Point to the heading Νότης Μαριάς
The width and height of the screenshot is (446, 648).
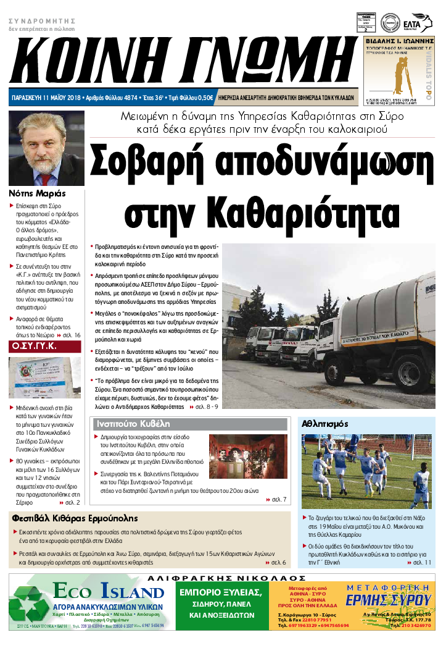(x=37, y=193)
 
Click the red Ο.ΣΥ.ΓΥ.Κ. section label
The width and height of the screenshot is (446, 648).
(x=35, y=346)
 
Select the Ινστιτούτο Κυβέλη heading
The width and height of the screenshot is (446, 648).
(x=130, y=424)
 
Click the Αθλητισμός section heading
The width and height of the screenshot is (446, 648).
(x=325, y=424)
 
